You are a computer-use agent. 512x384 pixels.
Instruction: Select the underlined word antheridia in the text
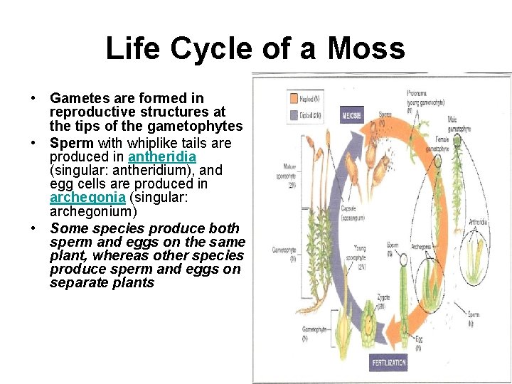click(161, 156)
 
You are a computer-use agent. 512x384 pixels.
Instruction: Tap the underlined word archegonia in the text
click(78, 198)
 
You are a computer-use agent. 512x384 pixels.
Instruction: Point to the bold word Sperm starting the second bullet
click(71, 143)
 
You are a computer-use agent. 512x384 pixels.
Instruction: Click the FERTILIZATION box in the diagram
click(390, 363)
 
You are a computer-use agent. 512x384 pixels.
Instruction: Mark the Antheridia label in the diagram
click(479, 223)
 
